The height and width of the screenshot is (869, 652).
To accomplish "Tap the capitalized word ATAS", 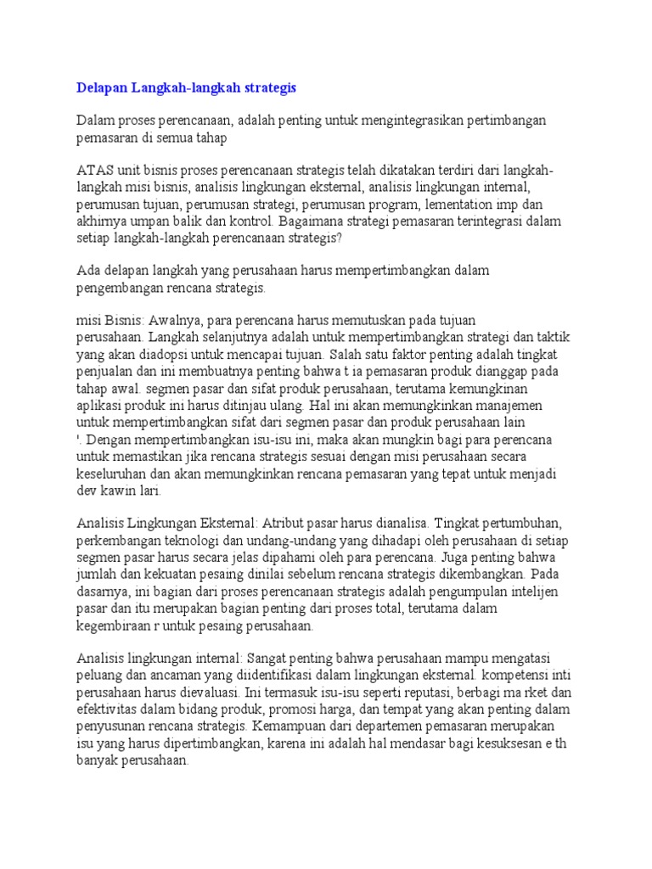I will pyautogui.click(x=93, y=169).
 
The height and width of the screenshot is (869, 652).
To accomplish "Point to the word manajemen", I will pyautogui.click(x=517, y=404).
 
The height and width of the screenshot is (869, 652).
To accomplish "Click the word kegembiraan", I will pyautogui.click(x=117, y=626).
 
